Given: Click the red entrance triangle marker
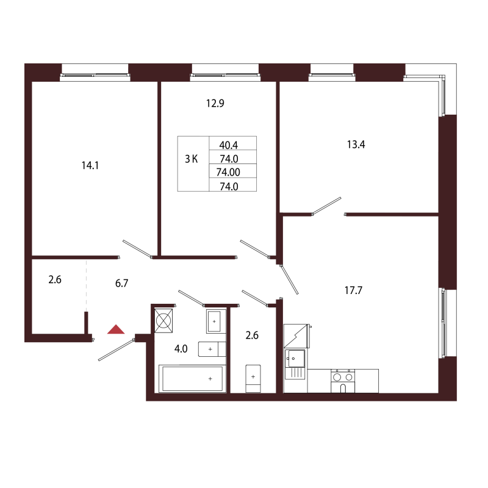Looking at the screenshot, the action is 116,329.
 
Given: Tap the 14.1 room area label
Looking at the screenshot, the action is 90,165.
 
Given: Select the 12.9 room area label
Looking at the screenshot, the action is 215,103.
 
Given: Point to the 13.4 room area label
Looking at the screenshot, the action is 356,145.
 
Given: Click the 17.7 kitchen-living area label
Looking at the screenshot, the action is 354,290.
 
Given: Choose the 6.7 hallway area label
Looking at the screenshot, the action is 121,283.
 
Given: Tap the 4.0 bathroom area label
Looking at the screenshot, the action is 181,349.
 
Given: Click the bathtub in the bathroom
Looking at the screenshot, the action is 192,379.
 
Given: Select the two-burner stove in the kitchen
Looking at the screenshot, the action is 343,381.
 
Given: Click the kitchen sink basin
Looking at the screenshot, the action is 296,359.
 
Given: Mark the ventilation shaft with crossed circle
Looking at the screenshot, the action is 163,321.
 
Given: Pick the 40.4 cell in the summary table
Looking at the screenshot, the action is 229,145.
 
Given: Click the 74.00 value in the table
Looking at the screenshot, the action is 228,172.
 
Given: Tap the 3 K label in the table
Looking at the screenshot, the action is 192,159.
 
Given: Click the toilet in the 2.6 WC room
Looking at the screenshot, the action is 253,379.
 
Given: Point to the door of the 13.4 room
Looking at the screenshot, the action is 327,206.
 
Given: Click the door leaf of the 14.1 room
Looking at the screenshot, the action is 137,249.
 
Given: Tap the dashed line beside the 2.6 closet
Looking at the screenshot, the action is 87,285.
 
